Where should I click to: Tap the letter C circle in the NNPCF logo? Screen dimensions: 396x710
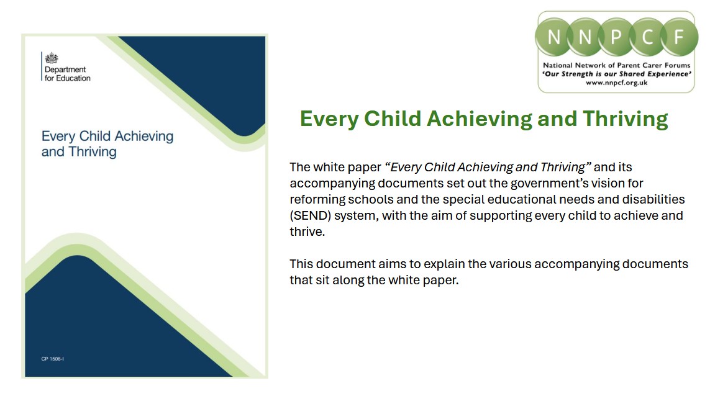click(x=647, y=35)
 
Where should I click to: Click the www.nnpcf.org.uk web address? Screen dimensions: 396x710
click(x=616, y=82)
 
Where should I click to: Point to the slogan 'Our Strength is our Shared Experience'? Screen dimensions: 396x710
click(x=616, y=73)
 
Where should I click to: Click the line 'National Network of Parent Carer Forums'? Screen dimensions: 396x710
click(x=616, y=65)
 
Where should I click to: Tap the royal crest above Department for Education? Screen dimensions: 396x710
click(x=52, y=59)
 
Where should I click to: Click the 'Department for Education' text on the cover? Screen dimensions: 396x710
click(x=67, y=74)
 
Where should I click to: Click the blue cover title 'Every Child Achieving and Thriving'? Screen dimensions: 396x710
click(x=107, y=144)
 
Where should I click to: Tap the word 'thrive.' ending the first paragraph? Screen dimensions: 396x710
click(x=307, y=232)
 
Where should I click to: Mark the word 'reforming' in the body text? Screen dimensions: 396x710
click(x=314, y=199)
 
